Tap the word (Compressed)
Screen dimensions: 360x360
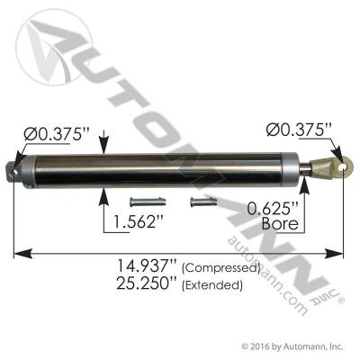(x=221, y=269)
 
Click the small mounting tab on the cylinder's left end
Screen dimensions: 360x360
(x=13, y=166)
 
